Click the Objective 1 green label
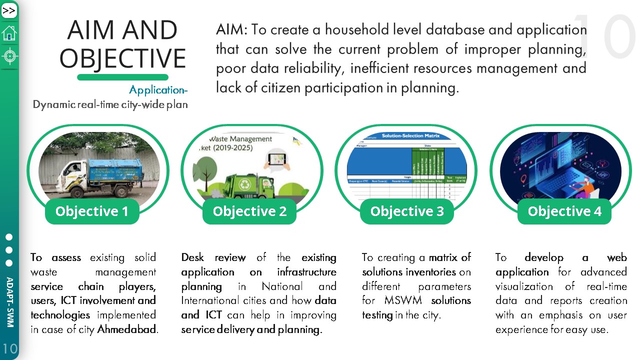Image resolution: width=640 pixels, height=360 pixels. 92,211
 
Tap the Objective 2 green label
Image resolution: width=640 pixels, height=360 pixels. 249,211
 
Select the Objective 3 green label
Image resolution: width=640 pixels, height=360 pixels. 407,211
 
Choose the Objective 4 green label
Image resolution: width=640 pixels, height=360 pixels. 564,211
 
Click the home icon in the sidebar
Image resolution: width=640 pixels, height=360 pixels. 9,33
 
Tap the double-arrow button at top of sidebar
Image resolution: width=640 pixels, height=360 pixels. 9,10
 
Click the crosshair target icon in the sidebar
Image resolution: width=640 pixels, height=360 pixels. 9,55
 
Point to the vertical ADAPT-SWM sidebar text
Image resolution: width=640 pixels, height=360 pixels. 9,302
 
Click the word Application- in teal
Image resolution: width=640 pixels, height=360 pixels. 158,90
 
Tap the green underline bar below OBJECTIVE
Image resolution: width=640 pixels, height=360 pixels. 122,77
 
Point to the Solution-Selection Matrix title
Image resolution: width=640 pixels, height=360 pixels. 410,136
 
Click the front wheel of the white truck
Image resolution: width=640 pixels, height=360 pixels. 77,192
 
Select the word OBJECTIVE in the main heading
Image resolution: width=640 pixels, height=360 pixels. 122,58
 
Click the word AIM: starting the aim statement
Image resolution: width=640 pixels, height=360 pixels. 231,29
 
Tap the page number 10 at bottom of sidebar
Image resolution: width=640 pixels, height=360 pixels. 9,348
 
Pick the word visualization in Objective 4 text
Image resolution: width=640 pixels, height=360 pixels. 525,286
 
